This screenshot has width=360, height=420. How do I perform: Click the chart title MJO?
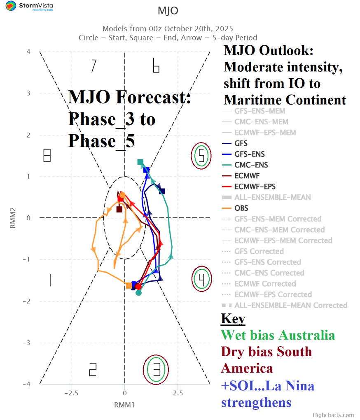point(168,11)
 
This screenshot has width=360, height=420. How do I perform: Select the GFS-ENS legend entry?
point(250,154)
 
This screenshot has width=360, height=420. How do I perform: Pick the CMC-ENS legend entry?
point(251,165)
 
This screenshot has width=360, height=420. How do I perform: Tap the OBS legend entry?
point(241,208)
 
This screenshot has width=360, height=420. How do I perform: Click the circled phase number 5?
point(201,156)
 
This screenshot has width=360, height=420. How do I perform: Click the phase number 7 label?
point(94,66)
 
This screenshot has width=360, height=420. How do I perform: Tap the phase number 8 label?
point(47,155)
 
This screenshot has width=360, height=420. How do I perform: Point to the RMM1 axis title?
point(124,405)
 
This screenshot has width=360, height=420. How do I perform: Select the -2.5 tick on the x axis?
point(72,393)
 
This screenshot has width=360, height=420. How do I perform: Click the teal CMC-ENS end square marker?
point(140,162)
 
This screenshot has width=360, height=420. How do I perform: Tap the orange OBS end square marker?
point(129,285)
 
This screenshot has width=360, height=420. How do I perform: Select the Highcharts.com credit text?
point(333,415)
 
